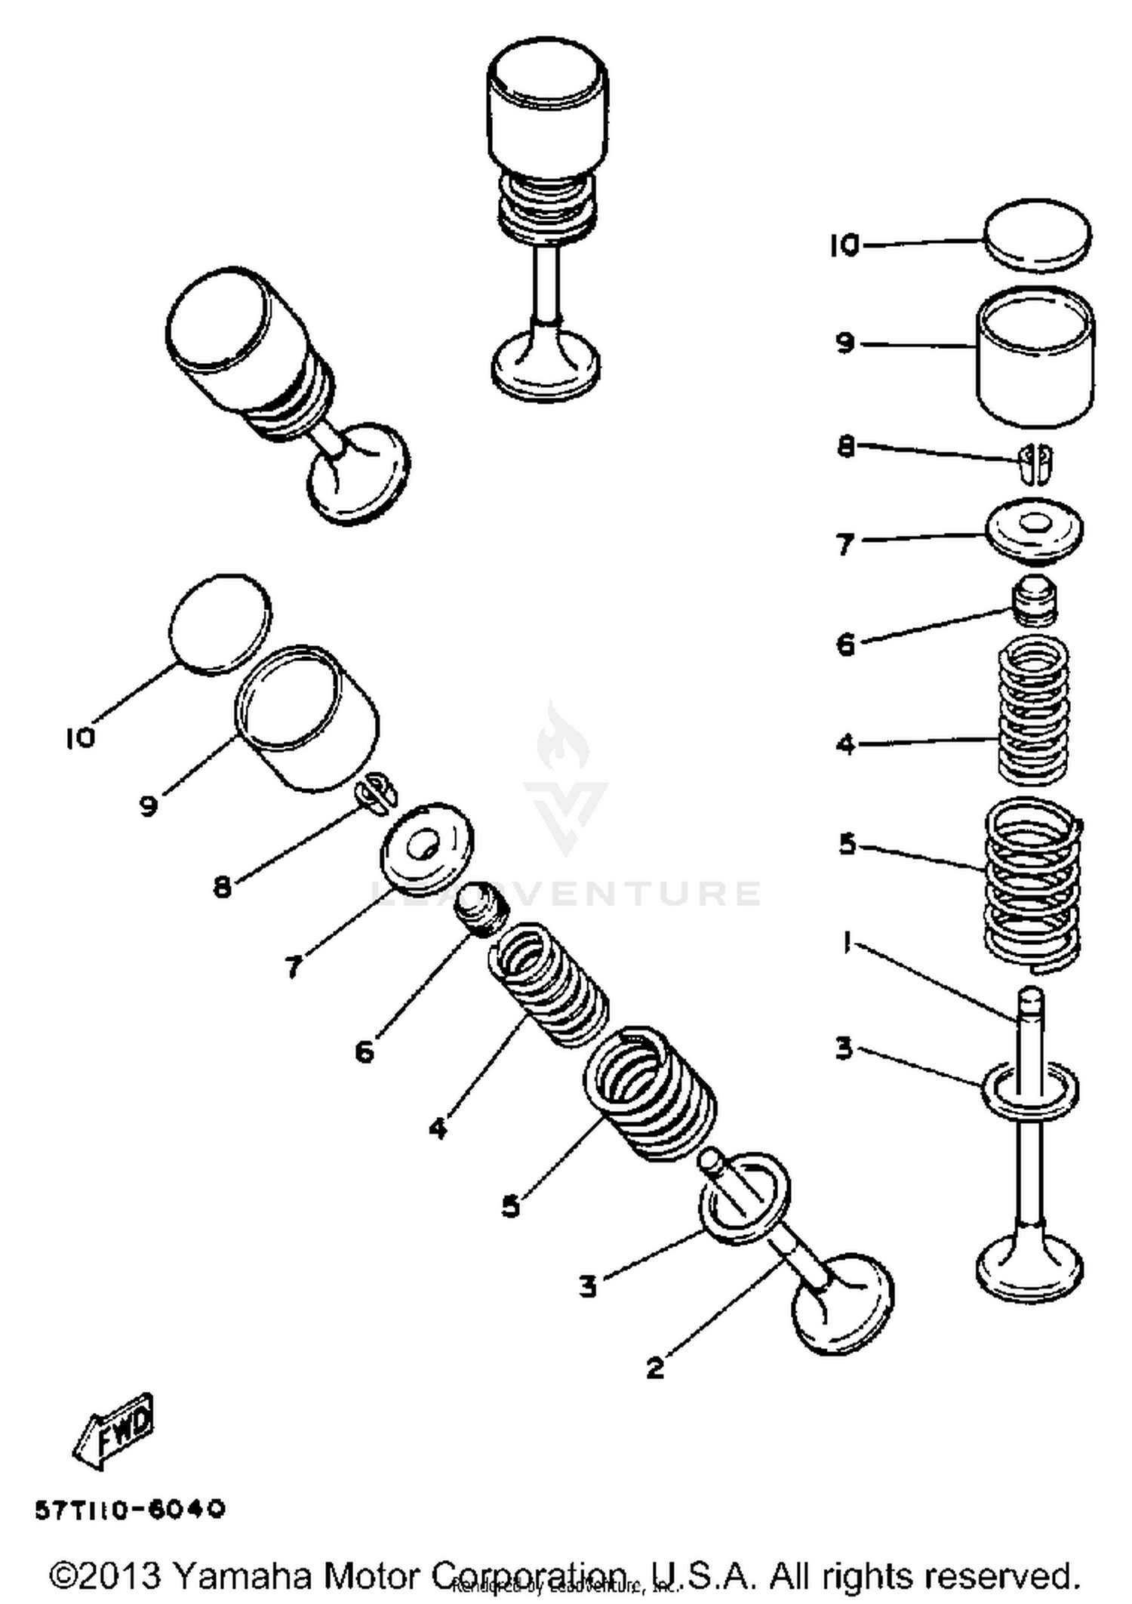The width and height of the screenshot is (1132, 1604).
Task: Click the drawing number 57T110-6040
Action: pyautogui.click(x=130, y=1509)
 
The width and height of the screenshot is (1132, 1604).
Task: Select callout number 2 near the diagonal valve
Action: pyautogui.click(x=655, y=1367)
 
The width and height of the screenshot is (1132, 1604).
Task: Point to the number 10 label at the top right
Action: pyautogui.click(x=844, y=245)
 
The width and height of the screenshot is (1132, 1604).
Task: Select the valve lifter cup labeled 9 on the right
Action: pyautogui.click(x=1036, y=355)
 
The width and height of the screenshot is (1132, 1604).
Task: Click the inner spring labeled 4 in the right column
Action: pyautogui.click(x=1033, y=710)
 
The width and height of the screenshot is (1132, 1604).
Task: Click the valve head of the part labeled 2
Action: pyautogui.click(x=843, y=1304)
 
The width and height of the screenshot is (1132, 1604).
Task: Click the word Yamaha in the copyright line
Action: pyautogui.click(x=242, y=1575)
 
